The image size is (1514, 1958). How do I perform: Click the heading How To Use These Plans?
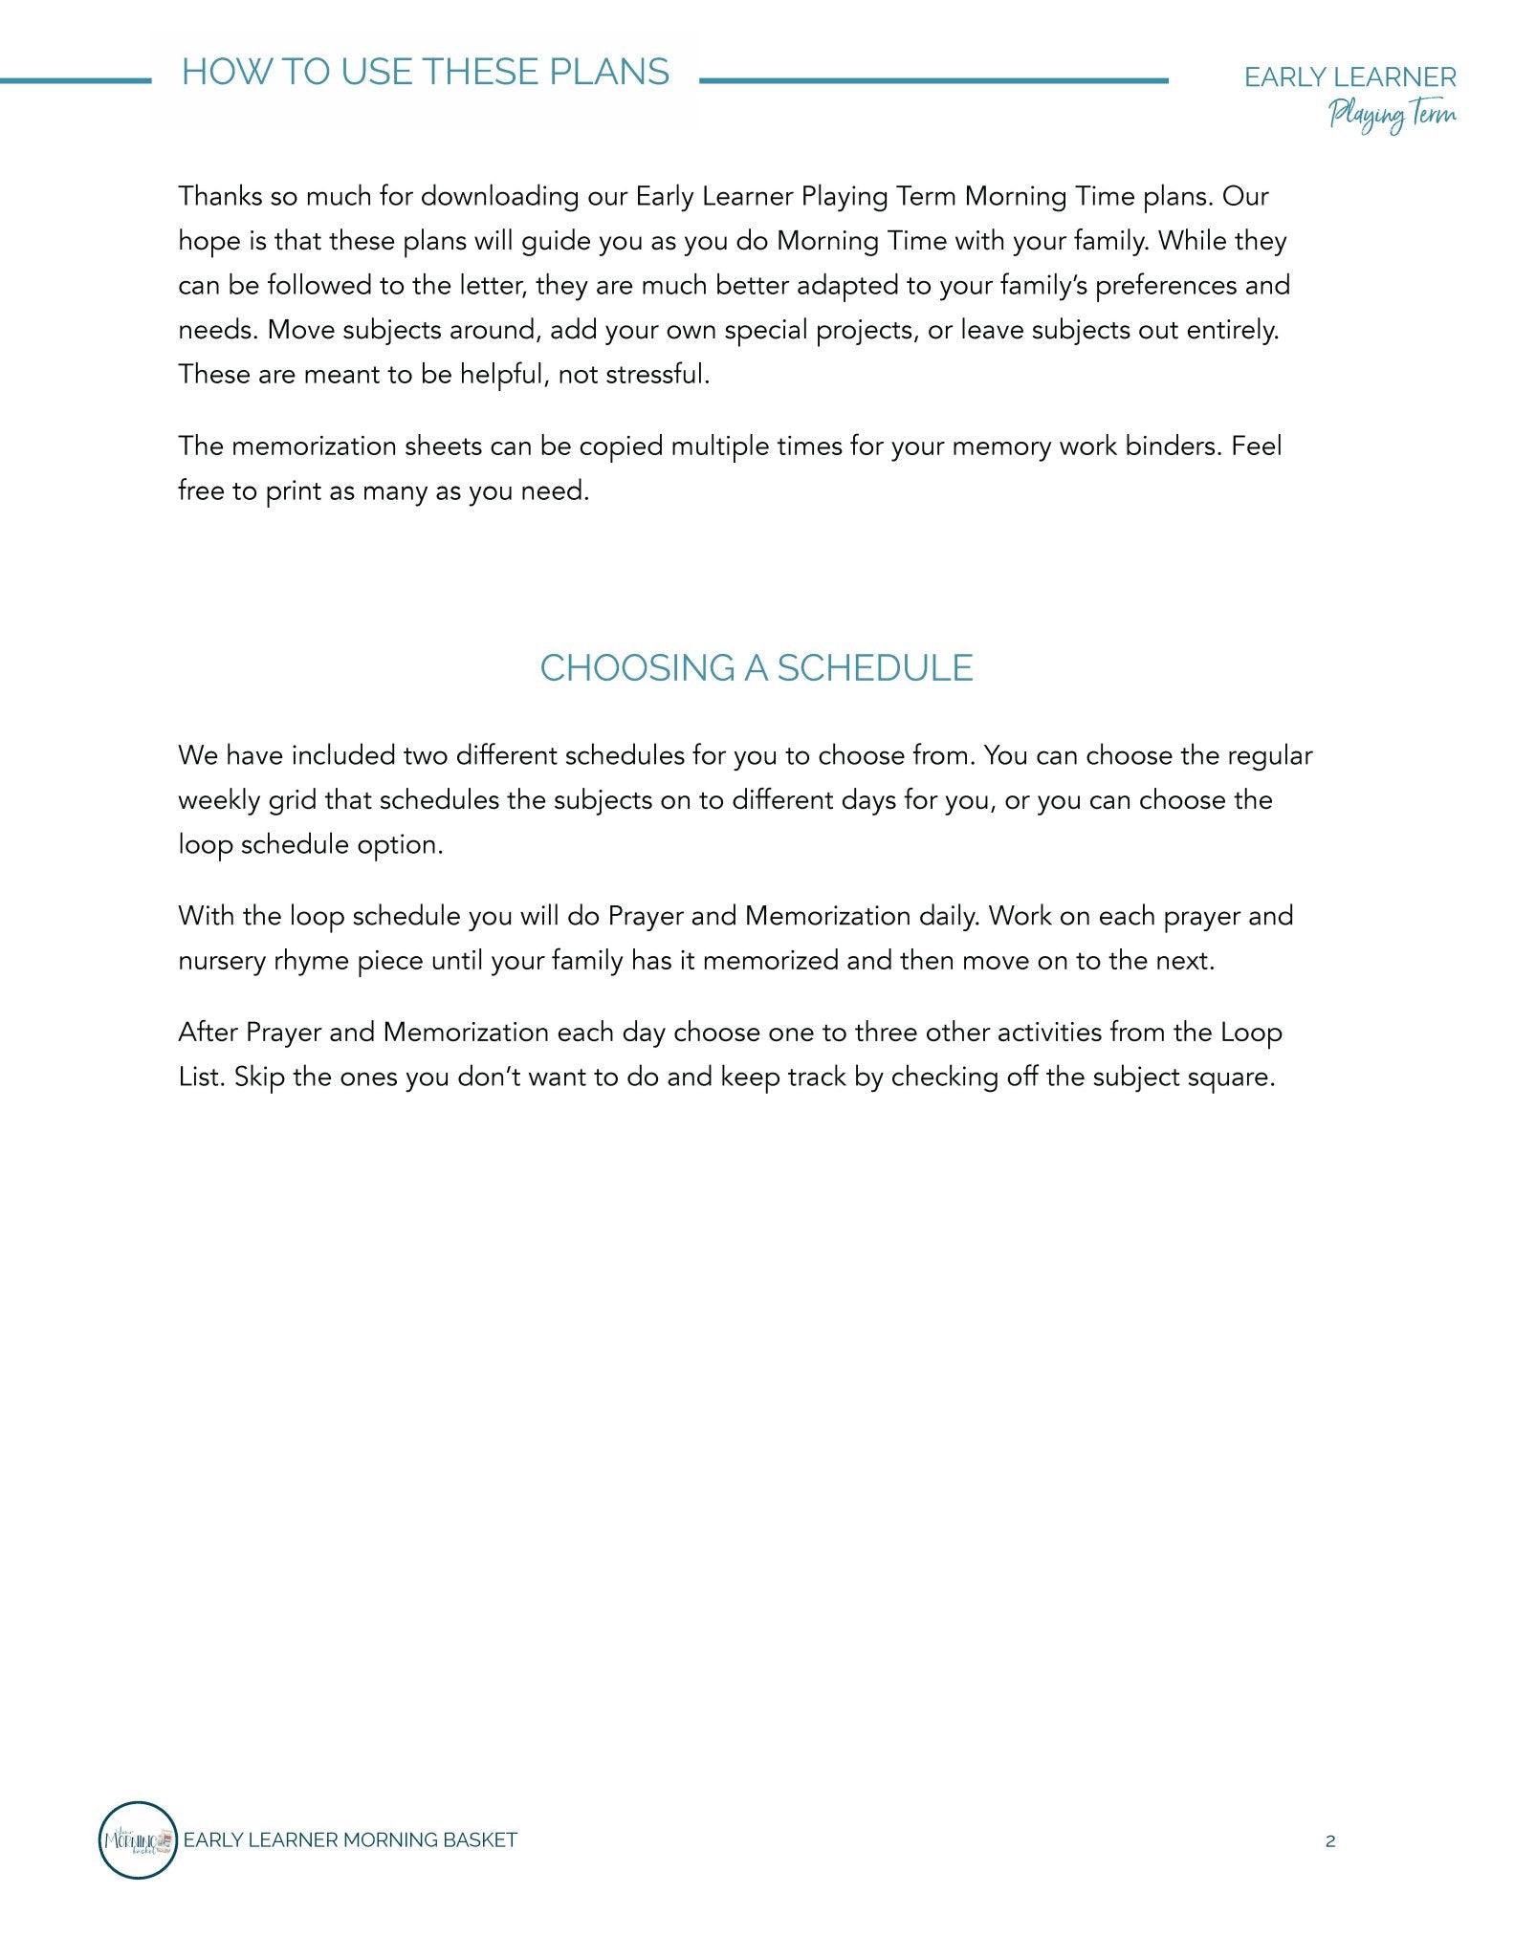(x=426, y=73)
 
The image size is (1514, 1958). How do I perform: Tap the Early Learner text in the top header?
(x=1349, y=77)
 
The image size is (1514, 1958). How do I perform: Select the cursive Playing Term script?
(x=1392, y=116)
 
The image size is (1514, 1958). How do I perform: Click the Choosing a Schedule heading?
(x=756, y=668)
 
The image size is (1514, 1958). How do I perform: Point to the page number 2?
(x=1330, y=1841)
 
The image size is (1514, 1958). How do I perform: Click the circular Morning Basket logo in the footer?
(x=138, y=1840)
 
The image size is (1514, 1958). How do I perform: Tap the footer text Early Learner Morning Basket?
(x=350, y=1840)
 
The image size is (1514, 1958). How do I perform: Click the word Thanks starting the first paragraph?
(x=220, y=196)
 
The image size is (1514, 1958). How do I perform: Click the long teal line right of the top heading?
(x=933, y=81)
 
